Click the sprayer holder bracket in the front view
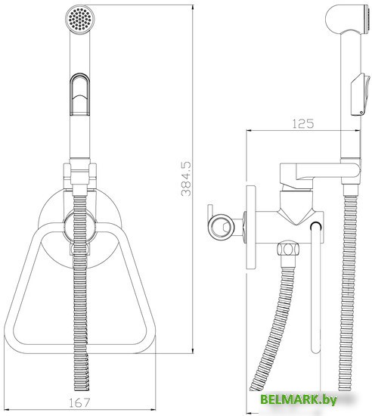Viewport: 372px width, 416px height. pyautogui.click(x=80, y=173)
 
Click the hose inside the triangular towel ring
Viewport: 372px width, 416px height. pyautogui.click(x=80, y=303)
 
